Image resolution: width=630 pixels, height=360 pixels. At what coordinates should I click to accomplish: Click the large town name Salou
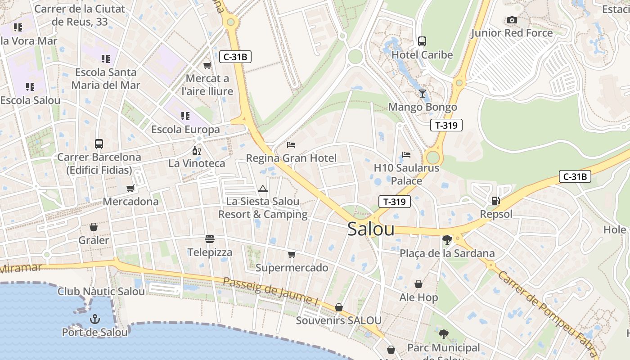371,229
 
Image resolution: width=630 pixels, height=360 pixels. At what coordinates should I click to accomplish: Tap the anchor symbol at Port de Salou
94,319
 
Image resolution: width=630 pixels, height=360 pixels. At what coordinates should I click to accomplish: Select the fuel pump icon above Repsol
495,201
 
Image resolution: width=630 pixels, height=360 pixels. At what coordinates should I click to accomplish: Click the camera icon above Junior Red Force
512,20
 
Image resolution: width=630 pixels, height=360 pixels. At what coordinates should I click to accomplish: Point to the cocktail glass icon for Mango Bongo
422,94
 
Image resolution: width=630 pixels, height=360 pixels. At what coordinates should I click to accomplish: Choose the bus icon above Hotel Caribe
422,41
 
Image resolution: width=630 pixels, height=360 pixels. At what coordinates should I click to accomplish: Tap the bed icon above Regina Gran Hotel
291,145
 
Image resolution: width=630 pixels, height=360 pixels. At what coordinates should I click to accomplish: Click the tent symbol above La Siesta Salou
263,188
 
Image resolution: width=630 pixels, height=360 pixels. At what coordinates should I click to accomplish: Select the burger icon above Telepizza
210,238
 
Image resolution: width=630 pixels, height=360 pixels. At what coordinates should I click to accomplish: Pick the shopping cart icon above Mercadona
130,188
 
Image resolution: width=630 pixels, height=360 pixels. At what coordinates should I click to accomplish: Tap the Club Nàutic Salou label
101,291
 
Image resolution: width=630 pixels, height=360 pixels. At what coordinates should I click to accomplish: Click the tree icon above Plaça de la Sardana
447,239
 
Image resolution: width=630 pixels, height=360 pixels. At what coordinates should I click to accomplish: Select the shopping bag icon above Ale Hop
418,284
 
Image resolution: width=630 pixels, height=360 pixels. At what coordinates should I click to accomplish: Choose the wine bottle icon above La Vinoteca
196,150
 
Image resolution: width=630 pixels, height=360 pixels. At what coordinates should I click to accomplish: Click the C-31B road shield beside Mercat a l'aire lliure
235,57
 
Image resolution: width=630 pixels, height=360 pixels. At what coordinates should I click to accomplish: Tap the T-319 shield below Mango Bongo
446,125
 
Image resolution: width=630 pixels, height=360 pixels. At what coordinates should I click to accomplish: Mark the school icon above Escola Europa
185,116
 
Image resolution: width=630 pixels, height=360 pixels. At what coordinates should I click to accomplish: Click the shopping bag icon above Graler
94,227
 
